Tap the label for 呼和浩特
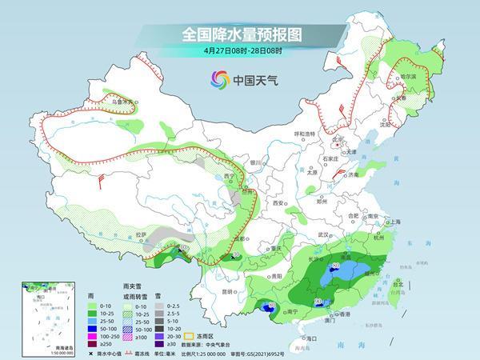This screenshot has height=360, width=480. pos(305,133)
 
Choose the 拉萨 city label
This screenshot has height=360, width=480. pos(142,234)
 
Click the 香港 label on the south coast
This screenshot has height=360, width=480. pos(344,314)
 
